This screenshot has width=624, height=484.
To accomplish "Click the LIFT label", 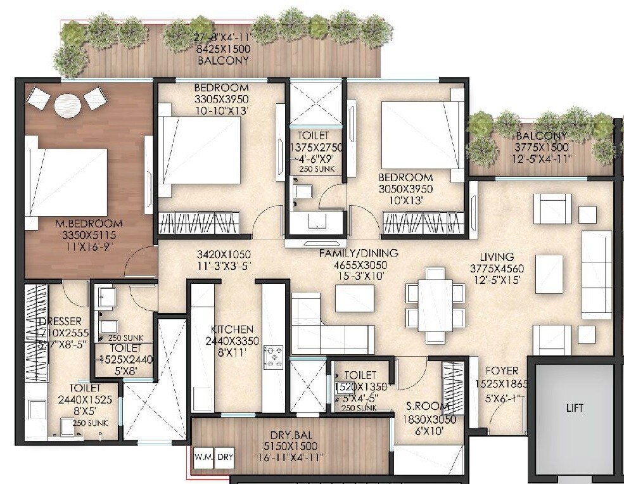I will coord(575,408).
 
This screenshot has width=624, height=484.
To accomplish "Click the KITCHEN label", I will coord(232,329).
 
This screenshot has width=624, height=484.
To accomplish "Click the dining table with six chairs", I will coord(435,299).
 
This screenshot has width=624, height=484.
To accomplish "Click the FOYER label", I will coord(502,371).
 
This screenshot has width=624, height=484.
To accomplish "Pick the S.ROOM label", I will coord(428,407).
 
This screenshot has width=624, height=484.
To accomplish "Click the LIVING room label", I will coord(497,257).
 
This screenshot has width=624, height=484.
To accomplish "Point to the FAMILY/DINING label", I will coord(359,253).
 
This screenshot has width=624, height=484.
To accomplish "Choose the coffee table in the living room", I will coord(549,274).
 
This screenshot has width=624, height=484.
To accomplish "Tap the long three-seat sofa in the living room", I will coord(596,274).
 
